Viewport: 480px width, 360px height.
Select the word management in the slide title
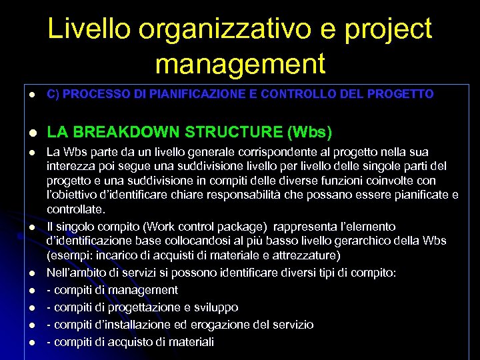point(240,64)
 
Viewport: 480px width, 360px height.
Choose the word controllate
point(75,209)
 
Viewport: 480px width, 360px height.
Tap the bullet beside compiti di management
point(31,290)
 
